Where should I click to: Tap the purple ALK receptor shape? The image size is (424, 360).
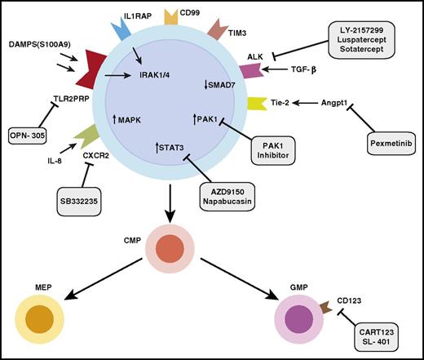pyautogui.click(x=275, y=71)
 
